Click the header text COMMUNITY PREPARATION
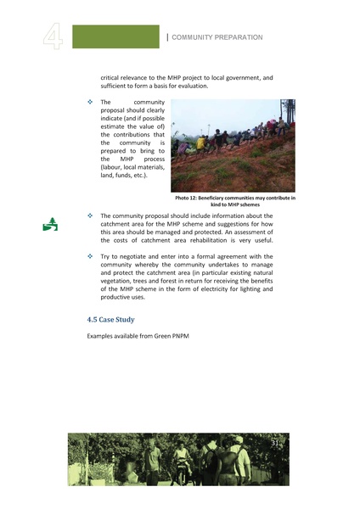coord(217,37)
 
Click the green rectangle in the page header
coord(115,36)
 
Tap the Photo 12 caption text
coord(234,201)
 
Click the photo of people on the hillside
coord(233,145)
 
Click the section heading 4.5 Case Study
coord(110,320)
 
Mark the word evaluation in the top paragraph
coord(186,87)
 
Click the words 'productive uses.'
coord(123,298)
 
